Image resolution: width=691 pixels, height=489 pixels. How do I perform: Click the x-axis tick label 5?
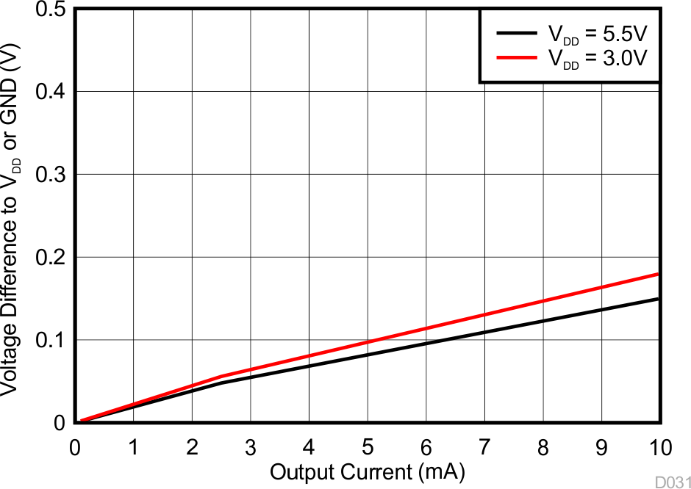pyautogui.click(x=368, y=448)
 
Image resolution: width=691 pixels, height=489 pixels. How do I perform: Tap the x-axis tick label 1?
pyautogui.click(x=133, y=448)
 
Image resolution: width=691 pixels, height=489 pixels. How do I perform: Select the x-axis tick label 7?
pyautogui.click(x=484, y=448)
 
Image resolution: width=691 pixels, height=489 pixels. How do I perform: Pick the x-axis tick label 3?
pyautogui.click(x=251, y=448)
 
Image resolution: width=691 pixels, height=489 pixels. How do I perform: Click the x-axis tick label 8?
pyautogui.click(x=543, y=448)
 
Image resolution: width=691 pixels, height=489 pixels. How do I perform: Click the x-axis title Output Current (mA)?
pyautogui.click(x=368, y=471)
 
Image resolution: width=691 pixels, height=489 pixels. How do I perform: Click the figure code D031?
pyautogui.click(x=673, y=482)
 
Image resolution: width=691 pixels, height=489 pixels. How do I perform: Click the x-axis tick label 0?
pyautogui.click(x=75, y=448)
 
